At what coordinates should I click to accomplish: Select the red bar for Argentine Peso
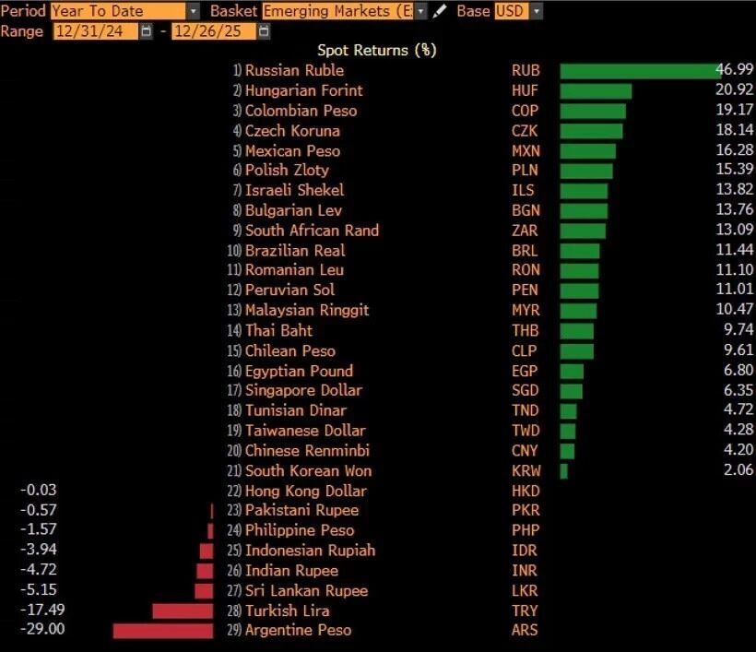click(163, 631)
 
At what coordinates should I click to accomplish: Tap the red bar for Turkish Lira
click(183, 611)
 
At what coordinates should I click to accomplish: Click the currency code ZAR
click(526, 231)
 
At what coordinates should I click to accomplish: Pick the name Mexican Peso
click(292, 150)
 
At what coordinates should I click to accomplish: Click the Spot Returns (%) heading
click(377, 51)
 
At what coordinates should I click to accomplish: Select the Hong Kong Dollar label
click(305, 491)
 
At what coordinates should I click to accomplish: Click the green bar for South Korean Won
click(564, 471)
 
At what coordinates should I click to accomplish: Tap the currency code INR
click(525, 571)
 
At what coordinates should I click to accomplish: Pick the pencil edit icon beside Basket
click(440, 11)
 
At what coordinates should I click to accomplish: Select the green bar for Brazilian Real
click(580, 251)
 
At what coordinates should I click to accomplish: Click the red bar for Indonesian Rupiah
click(207, 551)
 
